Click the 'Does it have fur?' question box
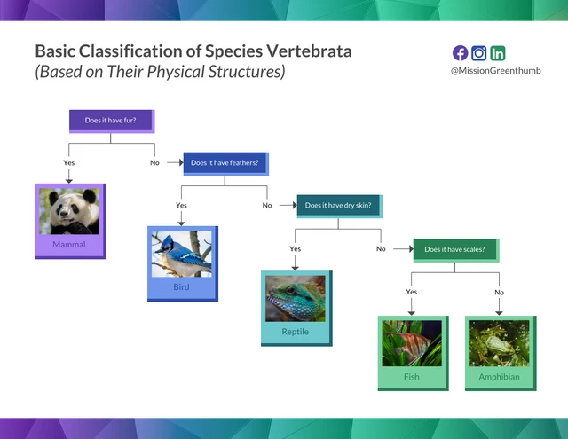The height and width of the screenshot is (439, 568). click(x=111, y=120)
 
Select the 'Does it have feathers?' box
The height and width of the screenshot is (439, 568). click(x=225, y=162)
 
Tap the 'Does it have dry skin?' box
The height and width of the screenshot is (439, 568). click(x=337, y=205)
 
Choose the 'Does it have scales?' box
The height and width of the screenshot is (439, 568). click(x=454, y=249)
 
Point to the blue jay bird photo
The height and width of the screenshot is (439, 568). click(x=181, y=254)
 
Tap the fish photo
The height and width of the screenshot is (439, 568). click(x=411, y=343)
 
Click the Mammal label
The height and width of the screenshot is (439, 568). click(x=69, y=245)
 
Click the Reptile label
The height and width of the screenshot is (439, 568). click(x=296, y=332)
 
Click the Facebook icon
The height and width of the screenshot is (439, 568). click(x=460, y=53)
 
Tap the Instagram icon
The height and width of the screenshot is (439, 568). click(x=479, y=53)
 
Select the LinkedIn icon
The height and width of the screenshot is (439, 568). click(x=498, y=53)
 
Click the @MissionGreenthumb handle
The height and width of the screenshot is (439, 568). click(x=495, y=71)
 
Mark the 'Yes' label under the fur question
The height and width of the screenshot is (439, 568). click(x=69, y=163)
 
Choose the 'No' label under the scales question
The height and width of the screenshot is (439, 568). click(x=499, y=292)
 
